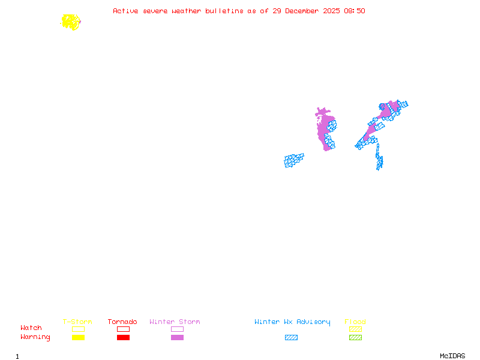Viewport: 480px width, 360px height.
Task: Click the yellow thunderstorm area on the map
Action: point(71,22)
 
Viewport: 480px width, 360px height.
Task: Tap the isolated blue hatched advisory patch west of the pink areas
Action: point(293,160)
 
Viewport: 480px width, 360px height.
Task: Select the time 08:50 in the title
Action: point(354,11)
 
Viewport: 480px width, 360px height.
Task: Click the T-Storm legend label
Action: point(77,322)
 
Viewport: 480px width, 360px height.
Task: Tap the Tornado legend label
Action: point(122,322)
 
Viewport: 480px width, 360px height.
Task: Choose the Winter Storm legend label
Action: point(175,322)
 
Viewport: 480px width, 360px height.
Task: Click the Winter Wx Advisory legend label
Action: point(292,322)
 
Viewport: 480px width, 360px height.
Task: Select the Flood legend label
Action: point(355,322)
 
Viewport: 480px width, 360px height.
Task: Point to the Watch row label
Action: point(31,328)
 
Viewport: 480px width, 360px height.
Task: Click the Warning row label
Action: point(35,337)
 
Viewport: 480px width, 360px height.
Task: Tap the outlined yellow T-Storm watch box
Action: point(78,329)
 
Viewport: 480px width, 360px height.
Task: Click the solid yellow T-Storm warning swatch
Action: point(78,338)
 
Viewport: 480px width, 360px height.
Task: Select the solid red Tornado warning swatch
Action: point(123,338)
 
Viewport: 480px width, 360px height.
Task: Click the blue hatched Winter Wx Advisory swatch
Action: point(291,338)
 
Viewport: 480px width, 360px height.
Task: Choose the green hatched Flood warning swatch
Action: point(355,338)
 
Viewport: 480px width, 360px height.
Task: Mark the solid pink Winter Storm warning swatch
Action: point(177,338)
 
